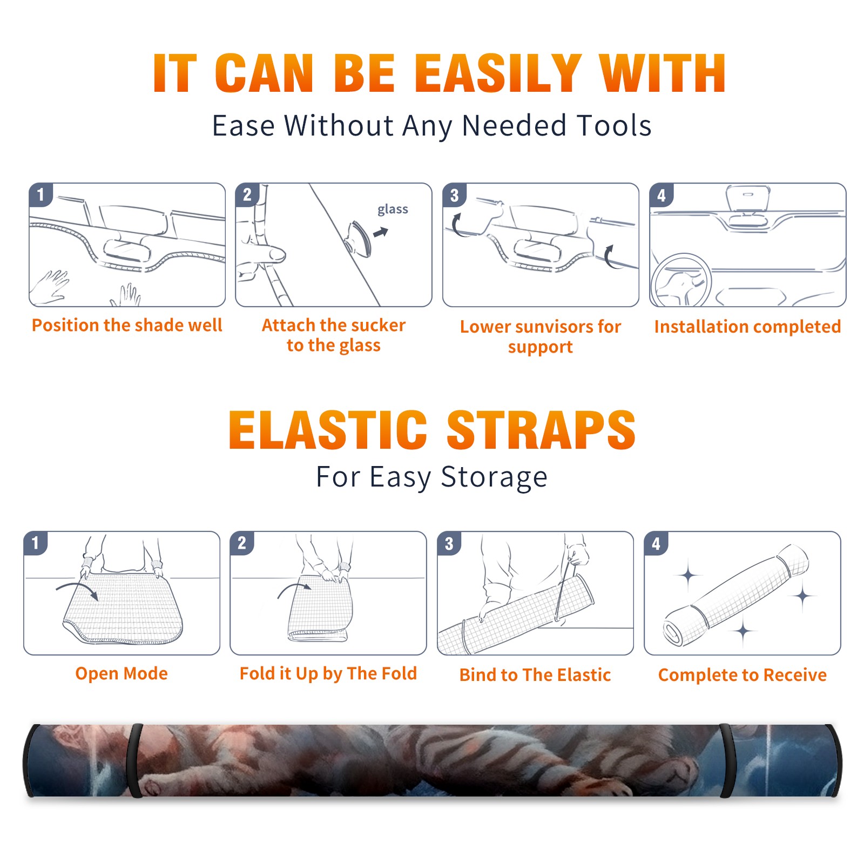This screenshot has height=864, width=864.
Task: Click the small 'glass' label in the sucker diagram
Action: pyautogui.click(x=393, y=210)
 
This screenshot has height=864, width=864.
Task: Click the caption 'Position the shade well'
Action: pyautogui.click(x=127, y=325)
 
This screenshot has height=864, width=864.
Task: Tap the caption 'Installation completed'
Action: pyautogui.click(x=747, y=327)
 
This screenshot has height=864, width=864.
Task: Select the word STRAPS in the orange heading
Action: pyautogui.click(x=541, y=430)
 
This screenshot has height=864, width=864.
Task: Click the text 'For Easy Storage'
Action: pyautogui.click(x=431, y=477)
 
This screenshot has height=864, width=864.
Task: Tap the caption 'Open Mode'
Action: pyautogui.click(x=122, y=673)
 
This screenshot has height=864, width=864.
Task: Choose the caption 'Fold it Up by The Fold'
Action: pyautogui.click(x=328, y=674)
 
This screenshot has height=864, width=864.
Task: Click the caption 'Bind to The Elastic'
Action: pyautogui.click(x=535, y=675)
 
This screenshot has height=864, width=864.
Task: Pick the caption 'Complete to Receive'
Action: pyautogui.click(x=742, y=675)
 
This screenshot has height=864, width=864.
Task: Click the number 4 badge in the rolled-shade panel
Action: pyautogui.click(x=656, y=543)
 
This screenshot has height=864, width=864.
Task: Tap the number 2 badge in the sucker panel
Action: pyautogui.click(x=247, y=195)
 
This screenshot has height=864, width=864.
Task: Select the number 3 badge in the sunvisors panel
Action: pyautogui.click(x=454, y=195)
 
